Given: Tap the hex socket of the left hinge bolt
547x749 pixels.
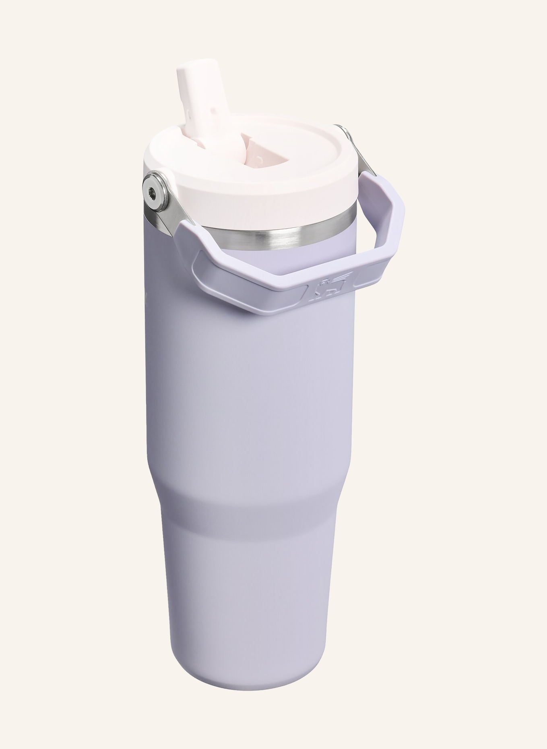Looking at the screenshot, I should (x=153, y=193).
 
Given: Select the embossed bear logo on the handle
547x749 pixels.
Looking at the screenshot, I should (x=327, y=289).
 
